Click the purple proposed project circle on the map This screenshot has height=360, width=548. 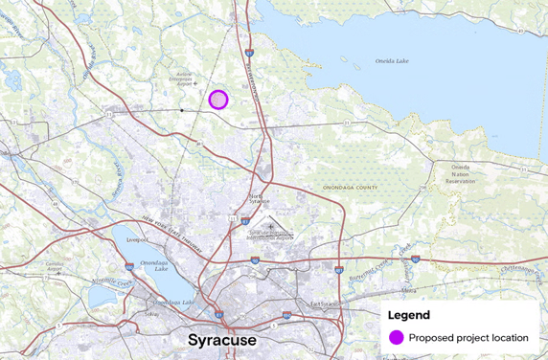click(x=218, y=100)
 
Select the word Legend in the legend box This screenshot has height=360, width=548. click(x=409, y=315)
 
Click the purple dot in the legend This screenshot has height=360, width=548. click(x=396, y=337)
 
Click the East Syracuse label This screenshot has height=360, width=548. click(x=323, y=304)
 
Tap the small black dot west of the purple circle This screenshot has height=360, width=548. click(x=181, y=110)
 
